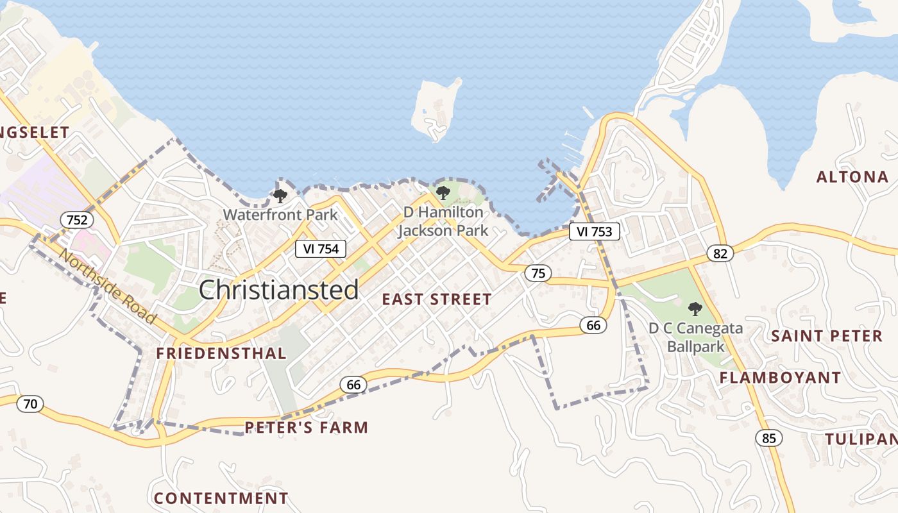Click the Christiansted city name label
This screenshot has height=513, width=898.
tap(278, 290)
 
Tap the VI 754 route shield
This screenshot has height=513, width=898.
tap(321, 249)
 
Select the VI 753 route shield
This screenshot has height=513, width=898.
tap(595, 231)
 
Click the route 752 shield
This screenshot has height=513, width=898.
tap(77, 220)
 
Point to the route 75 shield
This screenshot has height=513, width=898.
tap(538, 273)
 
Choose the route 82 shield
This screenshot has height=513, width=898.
tap(720, 253)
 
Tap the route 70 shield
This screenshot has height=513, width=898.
tap(30, 404)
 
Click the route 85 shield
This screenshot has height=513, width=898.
tap(769, 438)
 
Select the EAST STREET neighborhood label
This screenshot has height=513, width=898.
tap(437, 299)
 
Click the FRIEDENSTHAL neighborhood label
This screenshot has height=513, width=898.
tap(221, 353)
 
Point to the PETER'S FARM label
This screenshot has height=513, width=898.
tap(307, 427)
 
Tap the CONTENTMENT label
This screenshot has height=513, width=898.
tap(221, 498)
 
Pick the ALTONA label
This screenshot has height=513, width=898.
tap(852, 177)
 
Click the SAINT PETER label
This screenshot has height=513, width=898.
tap(827, 336)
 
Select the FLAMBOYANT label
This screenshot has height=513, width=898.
tap(780, 378)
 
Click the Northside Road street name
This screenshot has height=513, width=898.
tap(107, 285)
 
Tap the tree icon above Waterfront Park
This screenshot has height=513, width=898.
tap(280, 196)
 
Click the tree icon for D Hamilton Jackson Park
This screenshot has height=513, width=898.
tap(443, 192)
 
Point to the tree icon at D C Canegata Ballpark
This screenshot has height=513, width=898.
tap(695, 309)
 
